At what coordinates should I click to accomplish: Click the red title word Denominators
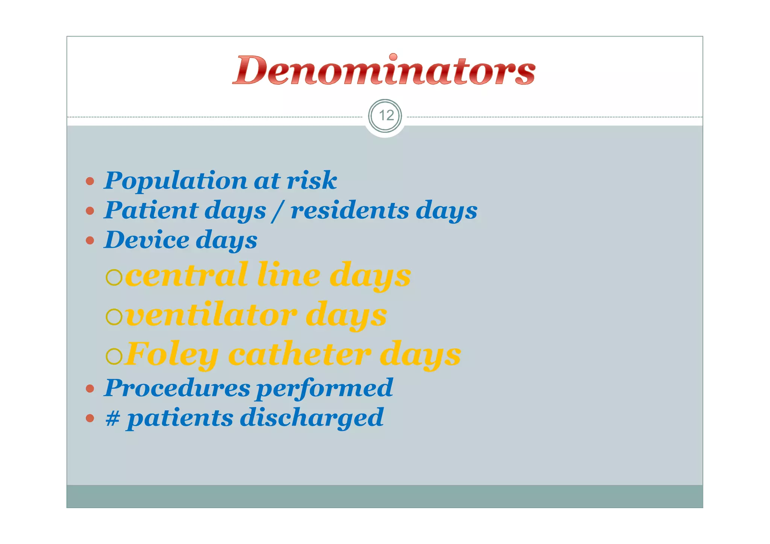click(384, 70)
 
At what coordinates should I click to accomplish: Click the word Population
click(175, 181)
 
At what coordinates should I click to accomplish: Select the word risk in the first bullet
click(312, 180)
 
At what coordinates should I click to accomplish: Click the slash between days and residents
click(278, 211)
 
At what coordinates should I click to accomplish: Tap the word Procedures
click(177, 388)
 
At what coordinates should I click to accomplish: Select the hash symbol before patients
click(113, 418)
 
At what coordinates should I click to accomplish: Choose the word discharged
click(312, 418)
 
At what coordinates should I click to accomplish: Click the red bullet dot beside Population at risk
click(90, 181)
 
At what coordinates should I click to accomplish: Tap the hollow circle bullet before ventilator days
click(114, 317)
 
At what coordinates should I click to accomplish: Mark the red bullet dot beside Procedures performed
click(90, 388)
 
